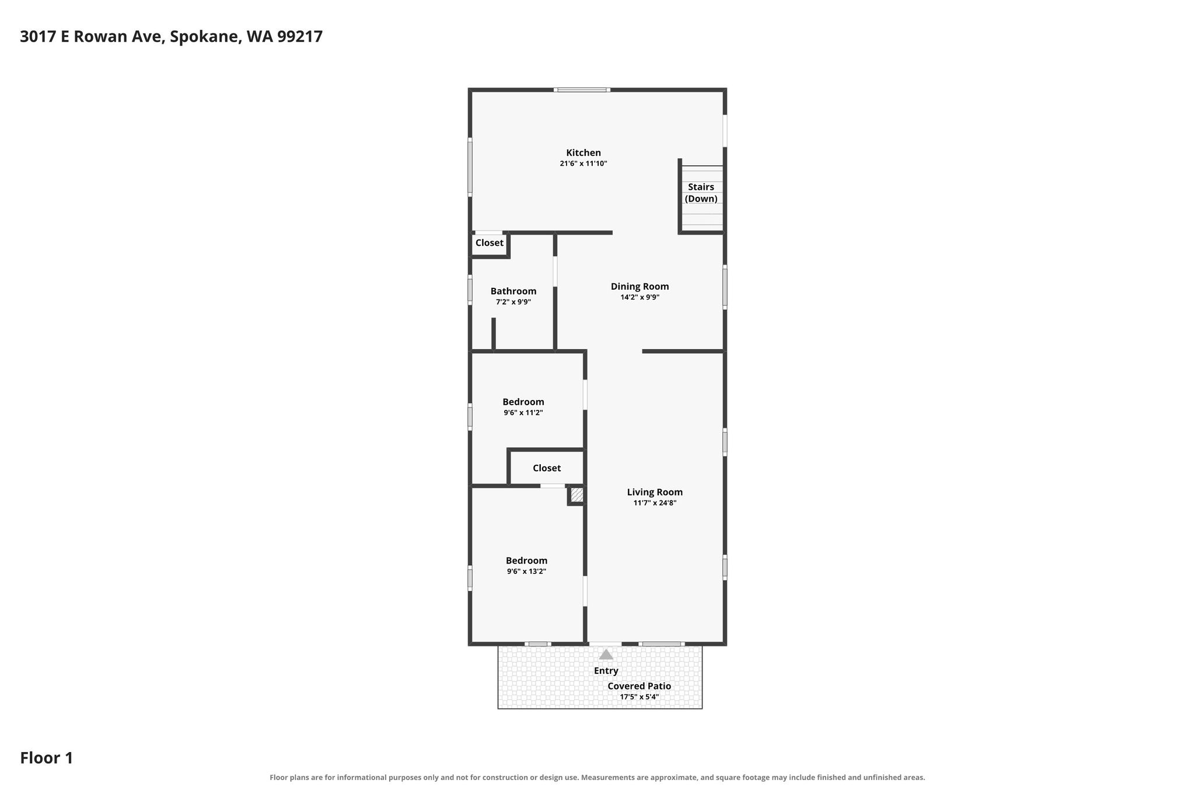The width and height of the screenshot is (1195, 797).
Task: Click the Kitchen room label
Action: coord(583,153)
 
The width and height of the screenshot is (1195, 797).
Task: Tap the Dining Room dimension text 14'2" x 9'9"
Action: coord(640,297)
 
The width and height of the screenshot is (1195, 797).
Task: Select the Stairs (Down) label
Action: coord(701,193)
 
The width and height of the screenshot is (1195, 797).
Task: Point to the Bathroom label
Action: coord(513,291)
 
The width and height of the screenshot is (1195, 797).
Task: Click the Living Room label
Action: coord(655,492)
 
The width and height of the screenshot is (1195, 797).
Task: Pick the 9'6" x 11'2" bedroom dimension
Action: coord(523,413)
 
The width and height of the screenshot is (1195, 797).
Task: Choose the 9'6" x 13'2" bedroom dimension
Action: coord(526,572)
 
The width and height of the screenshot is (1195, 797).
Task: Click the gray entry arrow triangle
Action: coord(606,655)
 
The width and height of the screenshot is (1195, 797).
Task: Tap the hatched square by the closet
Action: coord(577,495)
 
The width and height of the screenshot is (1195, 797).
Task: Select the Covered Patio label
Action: coord(640,686)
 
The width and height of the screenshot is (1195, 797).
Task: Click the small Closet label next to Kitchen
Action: coord(490,243)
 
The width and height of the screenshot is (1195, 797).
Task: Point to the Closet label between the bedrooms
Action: coord(547,468)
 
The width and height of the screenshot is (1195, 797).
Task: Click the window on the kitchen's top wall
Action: coord(582,90)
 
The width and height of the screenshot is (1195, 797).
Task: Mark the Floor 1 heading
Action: coord(47,758)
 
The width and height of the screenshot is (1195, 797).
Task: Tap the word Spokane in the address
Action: coord(205,37)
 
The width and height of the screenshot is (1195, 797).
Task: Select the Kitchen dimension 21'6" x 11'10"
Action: coord(583,164)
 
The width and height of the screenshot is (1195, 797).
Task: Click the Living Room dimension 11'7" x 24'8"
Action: coord(655,503)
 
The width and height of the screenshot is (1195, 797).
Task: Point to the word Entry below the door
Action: coord(606,671)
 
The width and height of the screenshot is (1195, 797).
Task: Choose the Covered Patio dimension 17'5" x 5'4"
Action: coord(640,697)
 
